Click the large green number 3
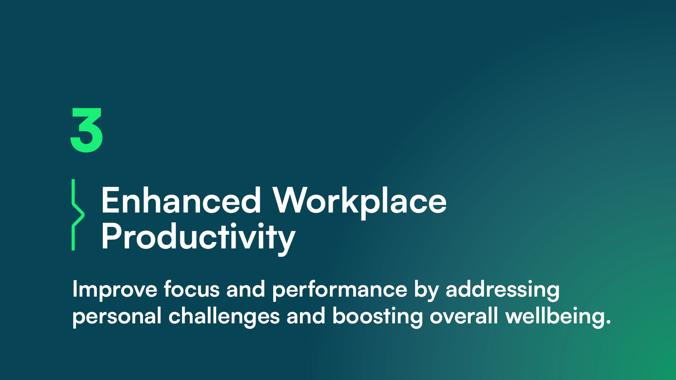pos(87,130)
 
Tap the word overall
pos(464,316)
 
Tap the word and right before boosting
pos(306,316)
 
